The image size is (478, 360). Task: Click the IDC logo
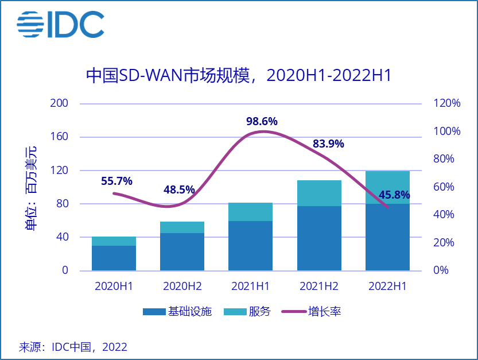tap(60, 24)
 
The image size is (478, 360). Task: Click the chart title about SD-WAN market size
tap(238, 75)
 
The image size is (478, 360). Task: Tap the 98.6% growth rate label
tap(262, 122)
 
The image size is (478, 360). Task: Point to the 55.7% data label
tap(116, 181)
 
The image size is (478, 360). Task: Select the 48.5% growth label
tap(179, 189)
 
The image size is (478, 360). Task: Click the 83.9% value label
tap(328, 144)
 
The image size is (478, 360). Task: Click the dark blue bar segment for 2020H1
tap(114, 258)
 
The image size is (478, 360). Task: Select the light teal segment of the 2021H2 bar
tap(319, 193)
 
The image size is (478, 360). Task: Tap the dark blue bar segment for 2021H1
tap(250, 245)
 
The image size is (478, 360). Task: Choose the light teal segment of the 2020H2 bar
tap(182, 227)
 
